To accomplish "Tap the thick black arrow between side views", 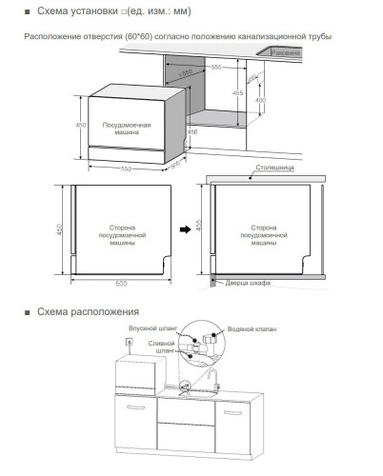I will (187, 229).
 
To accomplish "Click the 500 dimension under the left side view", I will (120, 283).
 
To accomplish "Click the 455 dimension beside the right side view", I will (199, 228).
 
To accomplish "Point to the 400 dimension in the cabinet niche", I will (260, 102).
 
